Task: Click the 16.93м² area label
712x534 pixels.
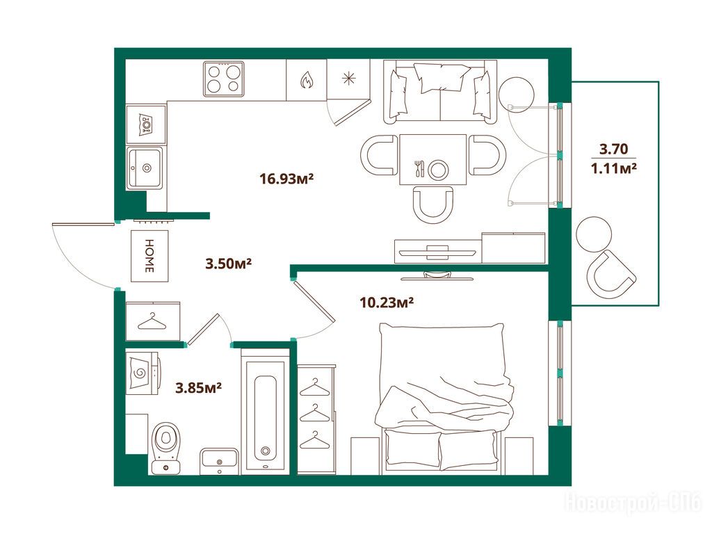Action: tap(286, 178)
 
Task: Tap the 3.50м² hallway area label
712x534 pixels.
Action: tap(228, 263)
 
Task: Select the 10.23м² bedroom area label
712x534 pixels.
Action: tap(387, 302)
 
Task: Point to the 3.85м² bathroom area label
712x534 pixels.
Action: tap(198, 388)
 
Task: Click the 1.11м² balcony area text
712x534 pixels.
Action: tap(613, 168)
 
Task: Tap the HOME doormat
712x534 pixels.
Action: tap(150, 256)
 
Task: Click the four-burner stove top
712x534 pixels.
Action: tap(223, 79)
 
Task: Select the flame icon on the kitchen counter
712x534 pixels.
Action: tap(307, 81)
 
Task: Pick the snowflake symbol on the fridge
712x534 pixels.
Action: tap(348, 79)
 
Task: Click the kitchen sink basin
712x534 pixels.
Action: tap(145, 168)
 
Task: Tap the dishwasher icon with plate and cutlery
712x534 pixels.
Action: tap(146, 123)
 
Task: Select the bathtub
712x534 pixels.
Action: tap(265, 412)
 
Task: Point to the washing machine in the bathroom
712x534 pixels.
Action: tap(142, 373)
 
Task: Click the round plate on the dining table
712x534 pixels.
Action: tap(438, 170)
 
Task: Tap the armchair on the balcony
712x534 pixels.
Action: tap(610, 274)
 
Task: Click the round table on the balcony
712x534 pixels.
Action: tap(594, 234)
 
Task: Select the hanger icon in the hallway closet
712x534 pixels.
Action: tap(153, 321)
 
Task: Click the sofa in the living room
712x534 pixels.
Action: tap(440, 92)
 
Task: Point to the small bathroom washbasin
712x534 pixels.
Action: tap(220, 460)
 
